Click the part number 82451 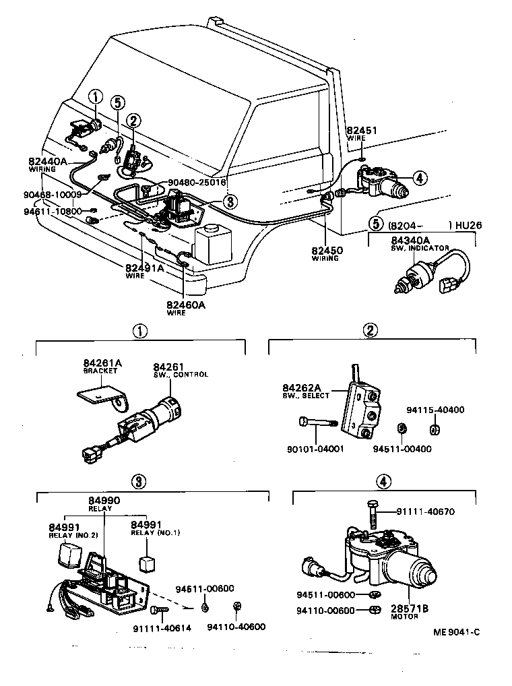pyautogui.click(x=361, y=131)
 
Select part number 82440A pyautogui.click(x=48, y=162)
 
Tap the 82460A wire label pyautogui.click(x=185, y=304)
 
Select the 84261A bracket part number pyautogui.click(x=102, y=363)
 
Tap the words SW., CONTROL pyautogui.click(x=181, y=375)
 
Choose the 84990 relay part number pyautogui.click(x=104, y=501)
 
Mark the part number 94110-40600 pyautogui.click(x=236, y=627)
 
